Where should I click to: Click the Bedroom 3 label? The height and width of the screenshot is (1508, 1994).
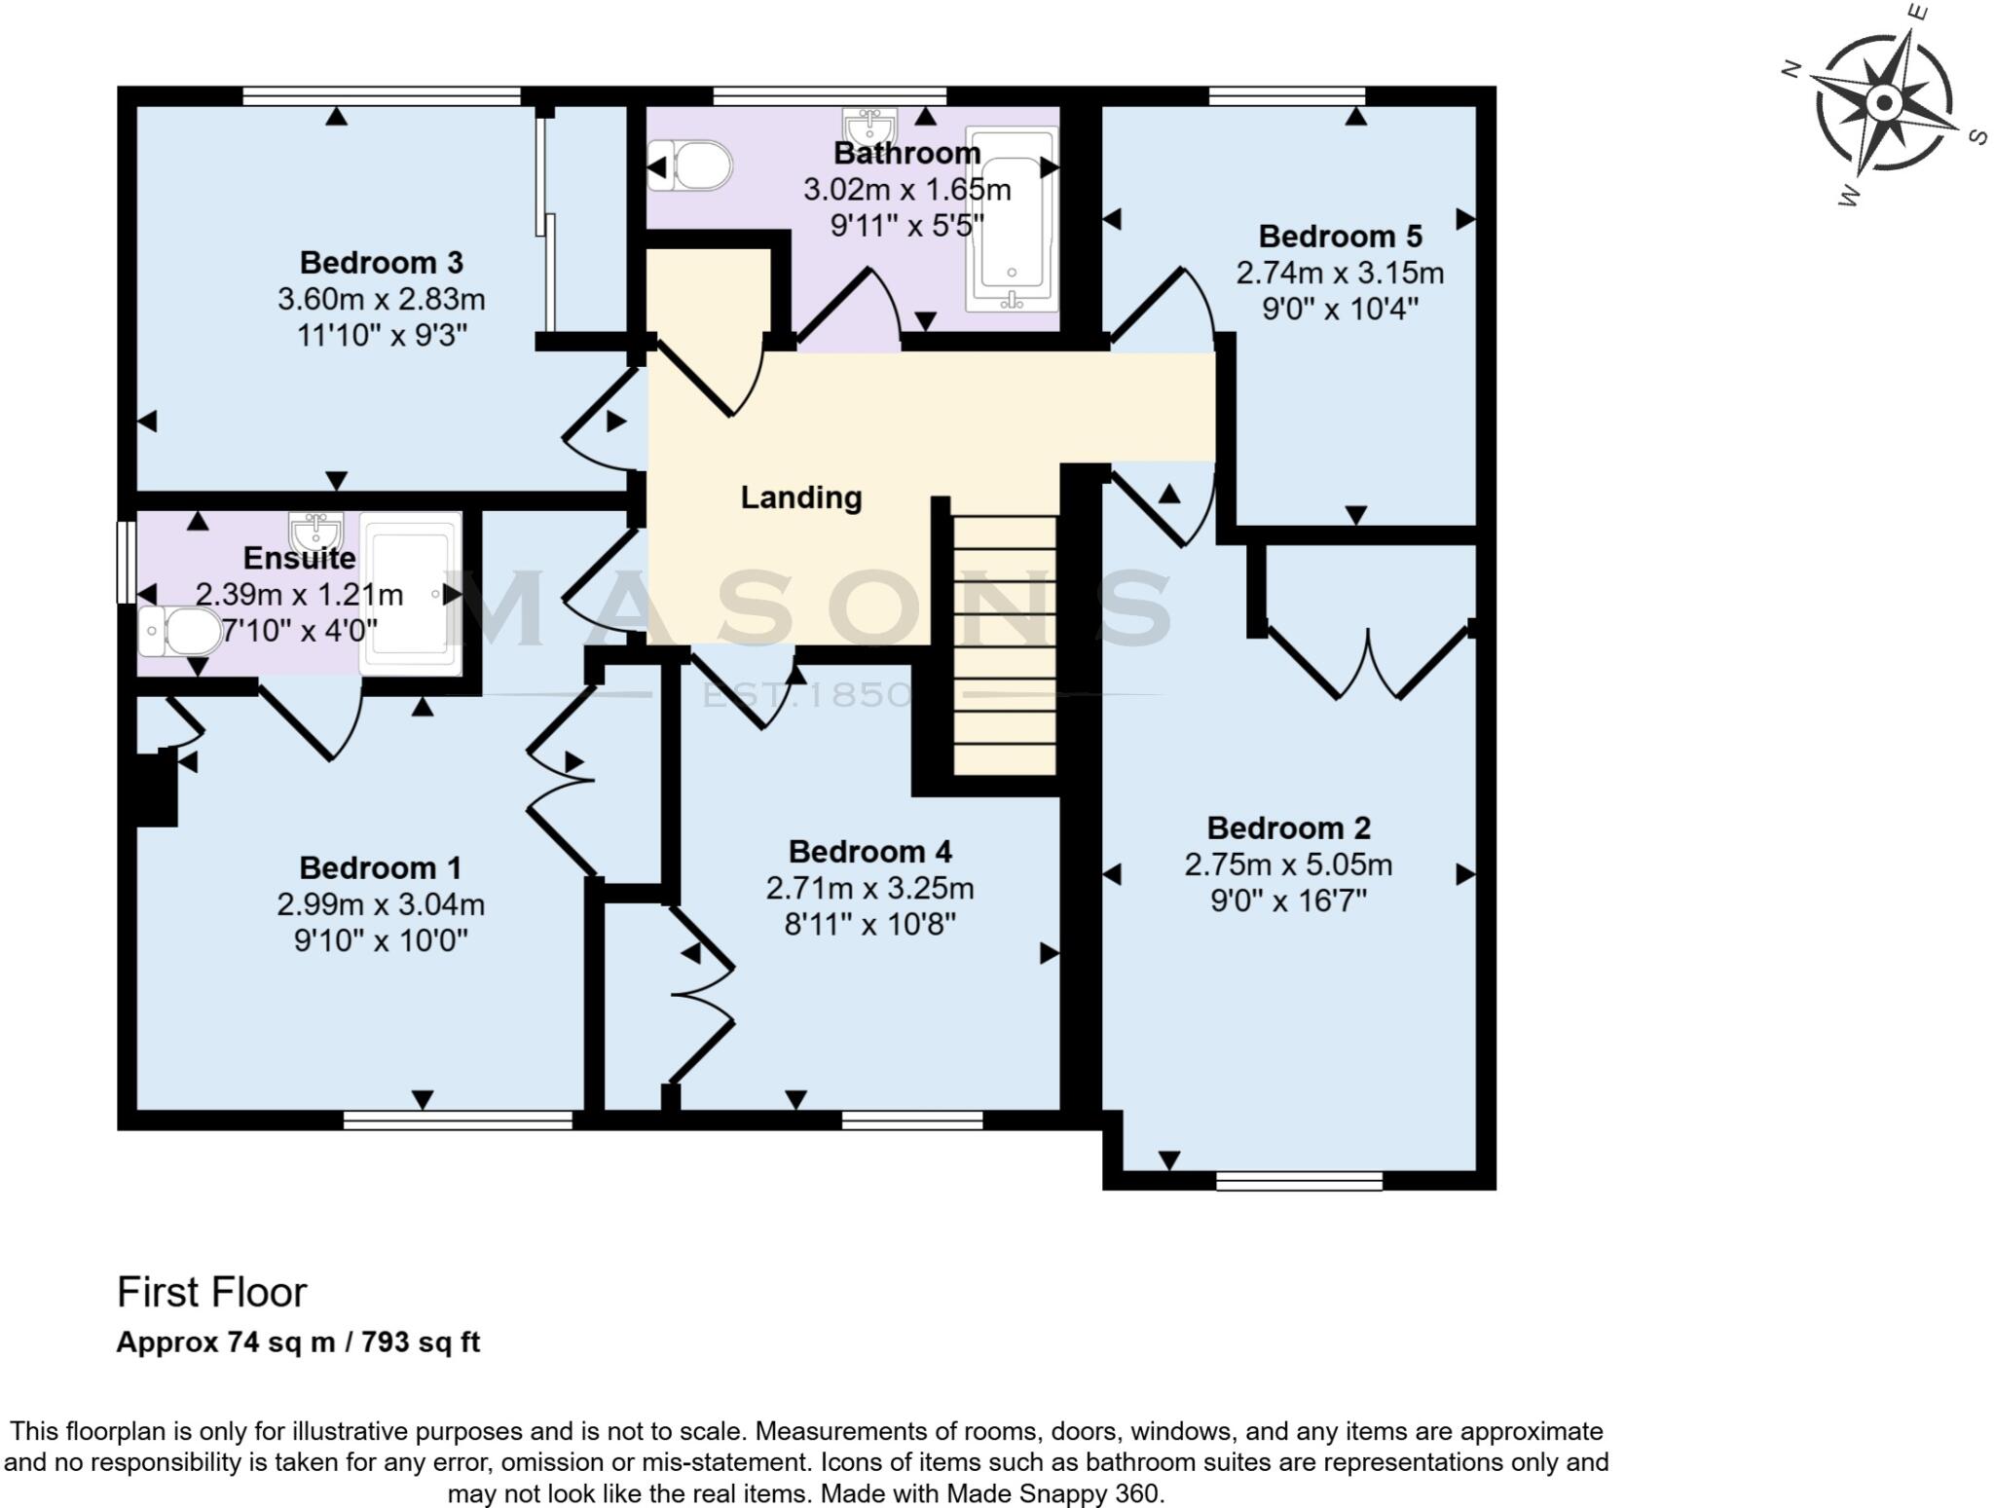tap(381, 263)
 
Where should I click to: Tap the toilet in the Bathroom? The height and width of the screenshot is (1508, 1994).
tap(692, 166)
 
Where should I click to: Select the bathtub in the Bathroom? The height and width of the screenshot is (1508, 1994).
tap(1012, 219)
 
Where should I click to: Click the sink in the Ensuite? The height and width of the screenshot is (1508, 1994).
tap(316, 531)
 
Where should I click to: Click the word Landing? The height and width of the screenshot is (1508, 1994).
tap(800, 497)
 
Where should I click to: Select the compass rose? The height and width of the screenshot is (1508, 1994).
tap(1884, 103)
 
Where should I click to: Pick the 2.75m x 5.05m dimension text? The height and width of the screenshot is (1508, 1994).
tap(1288, 864)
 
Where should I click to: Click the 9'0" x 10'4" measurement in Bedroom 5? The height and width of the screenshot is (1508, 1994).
tap(1340, 310)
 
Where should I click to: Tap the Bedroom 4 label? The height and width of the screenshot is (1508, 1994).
tap(869, 852)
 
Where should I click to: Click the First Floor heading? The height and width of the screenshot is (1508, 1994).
tap(211, 1293)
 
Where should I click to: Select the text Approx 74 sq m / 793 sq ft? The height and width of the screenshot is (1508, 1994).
tap(298, 1342)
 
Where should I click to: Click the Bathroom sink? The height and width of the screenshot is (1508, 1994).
tap(869, 128)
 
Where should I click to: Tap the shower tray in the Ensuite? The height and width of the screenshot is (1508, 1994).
tap(410, 594)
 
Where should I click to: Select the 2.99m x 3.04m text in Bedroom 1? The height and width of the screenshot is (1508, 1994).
tap(381, 905)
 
